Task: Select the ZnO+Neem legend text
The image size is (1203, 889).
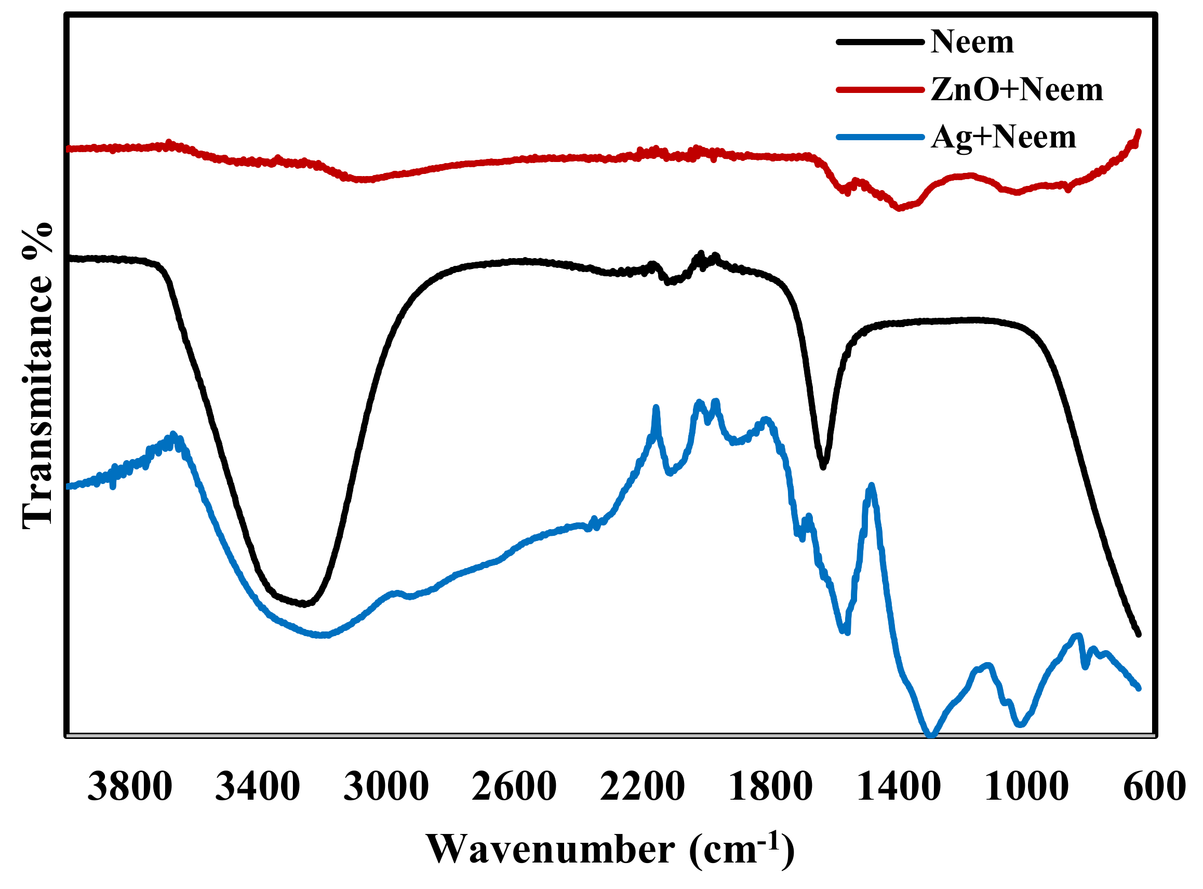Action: click(x=1016, y=89)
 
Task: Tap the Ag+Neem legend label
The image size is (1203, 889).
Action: click(x=1004, y=137)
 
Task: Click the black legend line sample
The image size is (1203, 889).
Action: click(x=880, y=42)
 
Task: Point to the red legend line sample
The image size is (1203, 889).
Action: click(x=880, y=89)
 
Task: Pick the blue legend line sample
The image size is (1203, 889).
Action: click(x=880, y=137)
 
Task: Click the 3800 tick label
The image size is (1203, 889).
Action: click(x=130, y=786)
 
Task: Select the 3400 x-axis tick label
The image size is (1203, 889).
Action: click(x=257, y=786)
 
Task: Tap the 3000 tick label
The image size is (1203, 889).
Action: click(x=386, y=786)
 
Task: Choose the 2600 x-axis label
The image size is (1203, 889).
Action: click(x=514, y=786)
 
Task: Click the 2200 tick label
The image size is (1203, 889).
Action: click(x=642, y=786)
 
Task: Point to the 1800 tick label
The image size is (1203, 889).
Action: click(x=770, y=786)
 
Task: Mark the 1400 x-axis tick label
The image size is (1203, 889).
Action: click(x=898, y=786)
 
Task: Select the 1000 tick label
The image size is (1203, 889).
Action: click(x=1026, y=786)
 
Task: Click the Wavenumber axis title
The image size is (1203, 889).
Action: click(x=610, y=850)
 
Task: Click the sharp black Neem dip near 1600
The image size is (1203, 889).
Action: click(x=823, y=466)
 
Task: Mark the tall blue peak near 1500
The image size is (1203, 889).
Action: click(x=872, y=487)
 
